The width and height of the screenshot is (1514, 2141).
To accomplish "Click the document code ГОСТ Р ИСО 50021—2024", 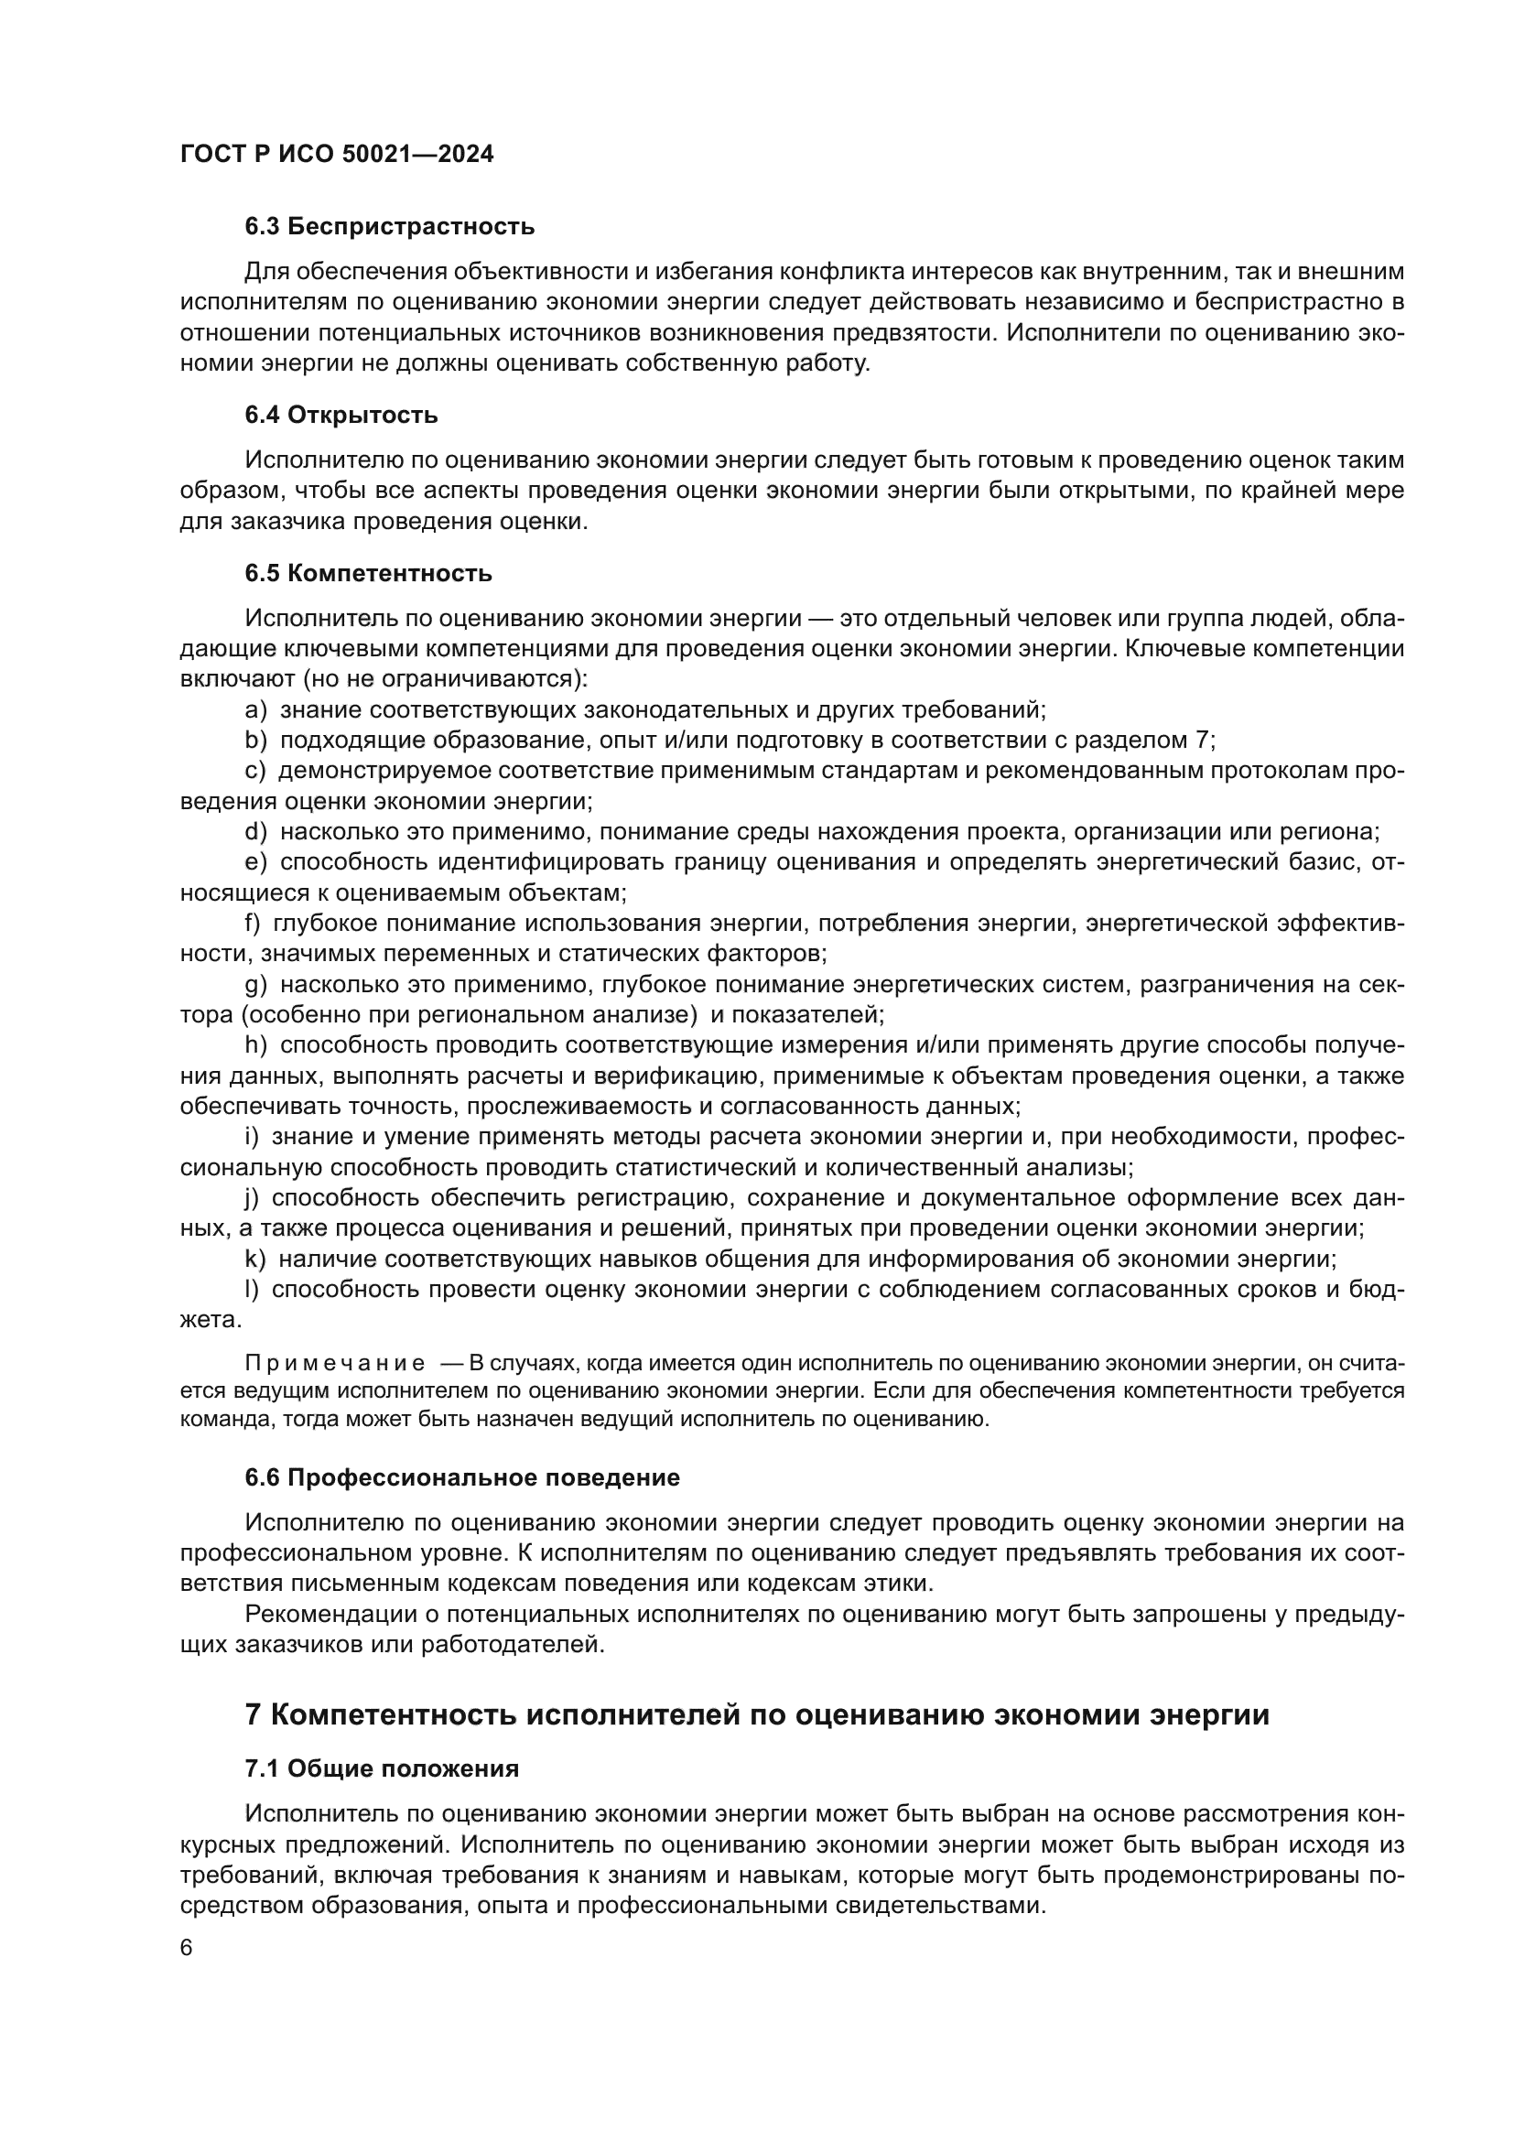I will tap(337, 155).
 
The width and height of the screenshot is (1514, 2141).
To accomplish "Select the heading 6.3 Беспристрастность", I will tap(390, 227).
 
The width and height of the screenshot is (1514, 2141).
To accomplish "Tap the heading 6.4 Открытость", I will tap(341, 415).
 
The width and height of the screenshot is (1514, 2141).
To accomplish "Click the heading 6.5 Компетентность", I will tap(368, 574).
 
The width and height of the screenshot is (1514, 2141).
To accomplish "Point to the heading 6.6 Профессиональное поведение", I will tap(462, 1478).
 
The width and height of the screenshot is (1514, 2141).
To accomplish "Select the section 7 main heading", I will tap(757, 1714).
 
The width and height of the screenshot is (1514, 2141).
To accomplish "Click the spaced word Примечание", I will tap(335, 1363).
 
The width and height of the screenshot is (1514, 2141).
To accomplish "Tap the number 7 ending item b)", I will tap(1202, 741).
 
